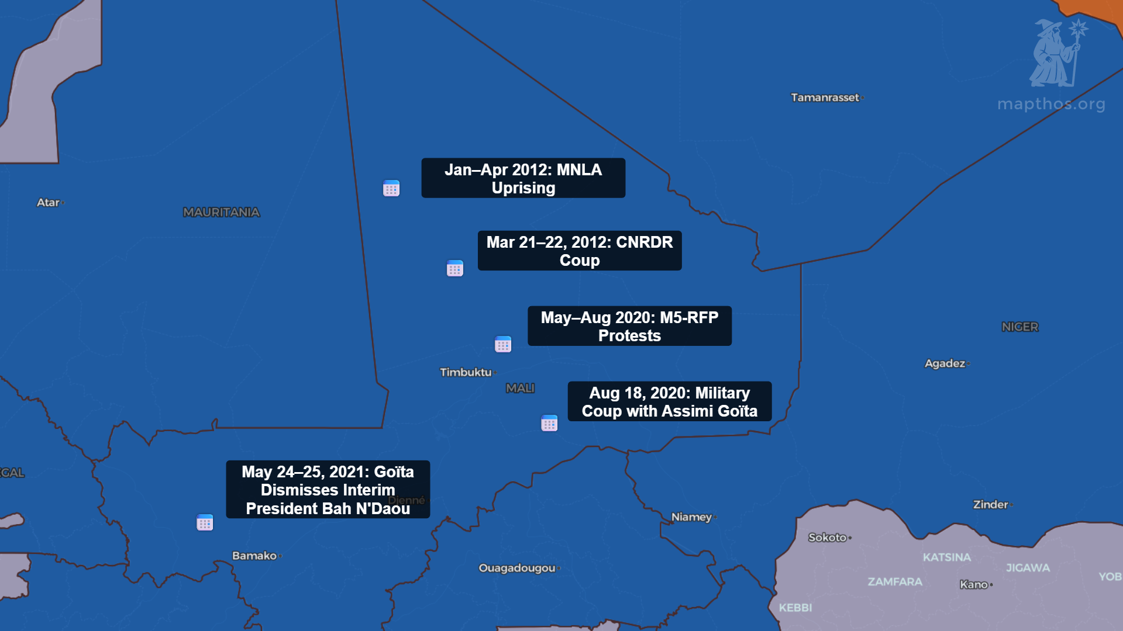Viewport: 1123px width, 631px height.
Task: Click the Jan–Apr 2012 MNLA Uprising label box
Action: pos(523,178)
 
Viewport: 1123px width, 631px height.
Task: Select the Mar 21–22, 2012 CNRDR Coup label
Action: pos(579,251)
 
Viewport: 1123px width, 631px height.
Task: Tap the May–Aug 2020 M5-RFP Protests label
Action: pos(629,326)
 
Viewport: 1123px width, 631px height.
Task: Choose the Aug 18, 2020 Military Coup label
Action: pos(669,401)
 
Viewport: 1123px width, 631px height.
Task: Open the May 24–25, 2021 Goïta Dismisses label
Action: pos(328,490)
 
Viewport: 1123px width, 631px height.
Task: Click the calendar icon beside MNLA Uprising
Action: pos(391,188)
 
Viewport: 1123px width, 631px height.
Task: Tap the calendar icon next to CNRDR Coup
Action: pos(455,268)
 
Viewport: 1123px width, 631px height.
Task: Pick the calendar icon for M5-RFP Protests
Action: pos(503,344)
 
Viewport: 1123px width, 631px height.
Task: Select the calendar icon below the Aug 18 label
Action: pos(549,423)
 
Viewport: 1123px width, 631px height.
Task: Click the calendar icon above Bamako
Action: pos(205,522)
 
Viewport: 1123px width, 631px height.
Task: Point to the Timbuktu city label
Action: pos(466,372)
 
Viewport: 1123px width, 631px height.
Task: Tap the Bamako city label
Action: pos(254,556)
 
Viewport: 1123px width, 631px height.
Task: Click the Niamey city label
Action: pos(691,517)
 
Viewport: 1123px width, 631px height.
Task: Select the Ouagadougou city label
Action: pos(517,568)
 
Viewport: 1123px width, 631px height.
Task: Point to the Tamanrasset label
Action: pos(825,98)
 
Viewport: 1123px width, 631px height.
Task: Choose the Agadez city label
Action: pos(945,363)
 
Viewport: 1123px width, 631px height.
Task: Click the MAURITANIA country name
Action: pos(221,212)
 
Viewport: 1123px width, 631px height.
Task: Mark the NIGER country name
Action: pos(1019,327)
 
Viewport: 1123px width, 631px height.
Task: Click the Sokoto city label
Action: pos(827,538)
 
